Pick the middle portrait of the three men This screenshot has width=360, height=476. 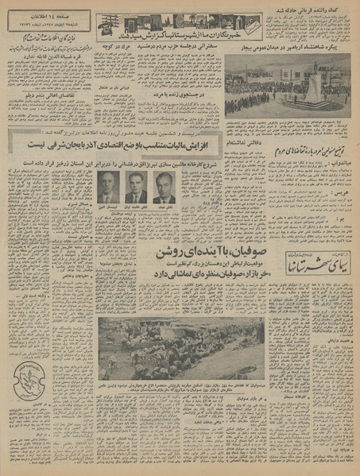click(136, 190)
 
